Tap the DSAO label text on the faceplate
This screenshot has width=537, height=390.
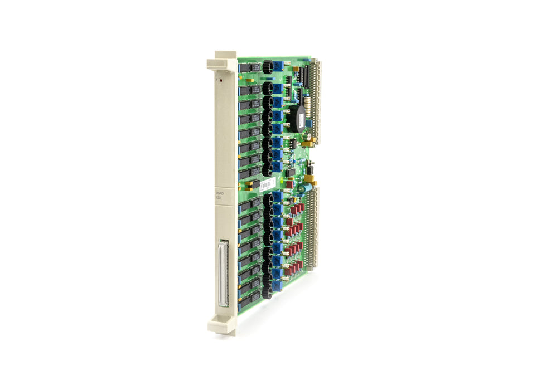(x=219, y=193)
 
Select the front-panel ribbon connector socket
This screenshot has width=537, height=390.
(x=224, y=273)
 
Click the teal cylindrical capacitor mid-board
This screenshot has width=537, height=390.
(x=302, y=188)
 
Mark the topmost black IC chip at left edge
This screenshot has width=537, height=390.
(x=244, y=68)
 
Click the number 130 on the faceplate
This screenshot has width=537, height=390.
(x=219, y=199)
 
